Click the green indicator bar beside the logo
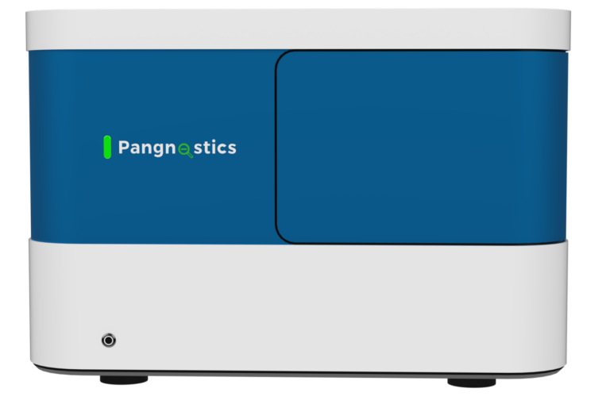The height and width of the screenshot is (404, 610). (x=107, y=147)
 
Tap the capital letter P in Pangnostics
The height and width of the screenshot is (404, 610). (x=124, y=147)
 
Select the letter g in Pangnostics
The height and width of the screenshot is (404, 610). (x=161, y=150)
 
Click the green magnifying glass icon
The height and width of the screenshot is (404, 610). (x=185, y=148)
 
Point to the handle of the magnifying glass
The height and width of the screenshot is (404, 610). (x=191, y=154)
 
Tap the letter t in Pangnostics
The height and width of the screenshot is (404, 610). (x=207, y=148)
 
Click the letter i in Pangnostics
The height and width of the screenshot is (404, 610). (x=214, y=147)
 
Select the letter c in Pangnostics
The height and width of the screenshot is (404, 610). (x=222, y=148)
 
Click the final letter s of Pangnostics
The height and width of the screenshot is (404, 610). (x=232, y=148)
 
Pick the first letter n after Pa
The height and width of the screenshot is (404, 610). (x=149, y=148)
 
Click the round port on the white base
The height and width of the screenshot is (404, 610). (x=109, y=341)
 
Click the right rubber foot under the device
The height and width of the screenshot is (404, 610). (x=471, y=383)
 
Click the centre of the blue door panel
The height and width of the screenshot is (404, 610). (x=421, y=147)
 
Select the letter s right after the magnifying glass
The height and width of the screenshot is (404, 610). (x=199, y=148)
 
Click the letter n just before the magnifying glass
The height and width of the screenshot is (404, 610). (x=174, y=148)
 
